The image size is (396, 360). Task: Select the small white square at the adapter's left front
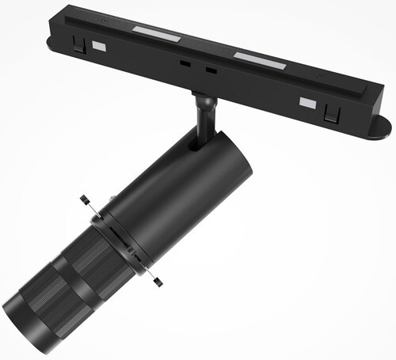(99, 46)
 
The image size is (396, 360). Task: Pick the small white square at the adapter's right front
(307, 102)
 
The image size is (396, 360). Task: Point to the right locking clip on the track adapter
(332, 113)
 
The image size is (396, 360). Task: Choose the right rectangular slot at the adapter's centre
(211, 70)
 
